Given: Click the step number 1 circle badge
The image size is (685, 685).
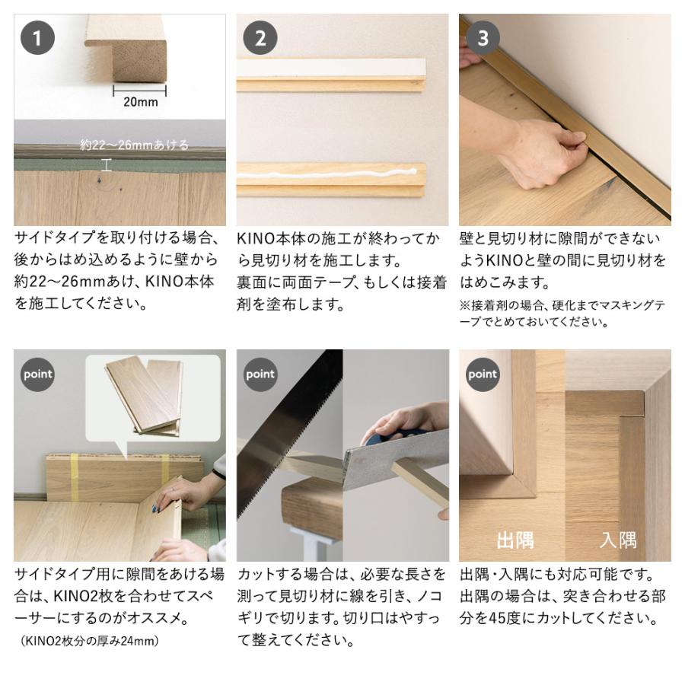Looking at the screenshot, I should [37, 38].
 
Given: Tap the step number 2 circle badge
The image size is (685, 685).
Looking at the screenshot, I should [260, 38].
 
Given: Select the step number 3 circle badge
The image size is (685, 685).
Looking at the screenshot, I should [483, 38].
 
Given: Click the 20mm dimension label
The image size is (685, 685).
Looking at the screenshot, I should [140, 102].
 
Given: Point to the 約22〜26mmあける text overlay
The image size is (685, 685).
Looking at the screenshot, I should [134, 145].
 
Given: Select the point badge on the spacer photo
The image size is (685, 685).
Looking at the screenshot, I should [37, 374].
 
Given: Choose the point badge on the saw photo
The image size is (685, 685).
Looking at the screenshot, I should [260, 374].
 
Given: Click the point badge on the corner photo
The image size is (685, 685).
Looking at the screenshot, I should [483, 374].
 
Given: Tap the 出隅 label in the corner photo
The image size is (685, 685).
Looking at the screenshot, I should [515, 540].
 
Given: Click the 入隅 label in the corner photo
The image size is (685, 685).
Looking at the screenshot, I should [617, 540].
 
